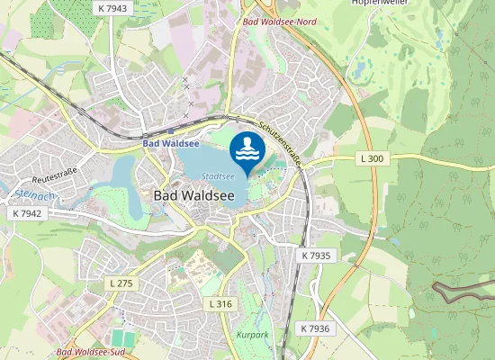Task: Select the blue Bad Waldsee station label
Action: click(x=170, y=143)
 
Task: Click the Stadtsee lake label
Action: click(x=218, y=176)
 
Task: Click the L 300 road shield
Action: click(x=371, y=158)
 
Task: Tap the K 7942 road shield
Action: click(x=28, y=213)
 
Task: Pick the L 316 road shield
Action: click(x=220, y=304)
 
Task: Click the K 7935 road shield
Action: click(x=316, y=256)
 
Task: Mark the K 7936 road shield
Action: click(x=316, y=328)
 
